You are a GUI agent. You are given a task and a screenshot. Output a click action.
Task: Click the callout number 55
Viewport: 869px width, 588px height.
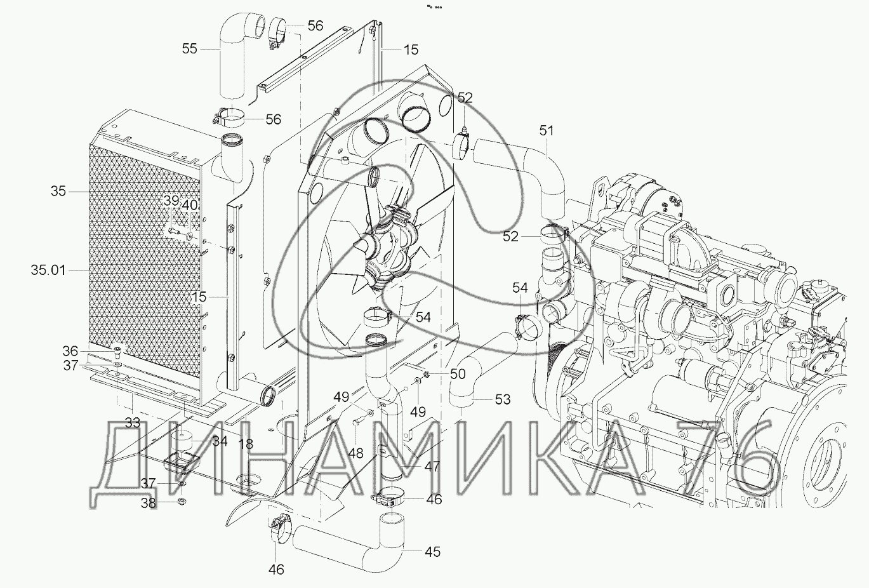190,49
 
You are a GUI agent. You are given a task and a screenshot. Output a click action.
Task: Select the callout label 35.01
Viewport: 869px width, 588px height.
48,270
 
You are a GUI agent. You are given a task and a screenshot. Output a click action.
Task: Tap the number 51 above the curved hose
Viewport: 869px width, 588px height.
547,131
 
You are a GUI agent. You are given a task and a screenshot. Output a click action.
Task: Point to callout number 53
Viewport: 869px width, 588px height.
503,399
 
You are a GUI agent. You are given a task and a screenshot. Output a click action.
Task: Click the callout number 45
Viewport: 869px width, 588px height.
432,552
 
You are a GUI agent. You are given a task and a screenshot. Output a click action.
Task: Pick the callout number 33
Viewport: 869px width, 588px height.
132,423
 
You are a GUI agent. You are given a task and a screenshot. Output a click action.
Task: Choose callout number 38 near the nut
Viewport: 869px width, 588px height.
148,504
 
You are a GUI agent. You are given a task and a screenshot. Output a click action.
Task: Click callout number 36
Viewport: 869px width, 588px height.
70,351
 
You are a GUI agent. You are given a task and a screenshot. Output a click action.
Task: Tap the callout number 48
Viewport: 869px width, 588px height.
355,453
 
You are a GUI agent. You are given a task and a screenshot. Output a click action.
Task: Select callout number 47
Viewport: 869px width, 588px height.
432,466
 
